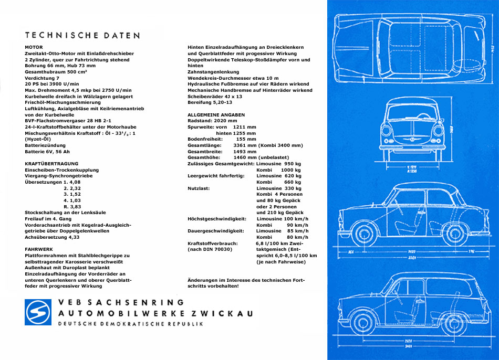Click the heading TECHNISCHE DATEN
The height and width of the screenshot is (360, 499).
pyautogui.click(x=82, y=36)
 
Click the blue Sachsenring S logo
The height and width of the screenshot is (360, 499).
pyautogui.click(x=38, y=312)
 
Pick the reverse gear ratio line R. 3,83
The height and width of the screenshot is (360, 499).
pyautogui.click(x=72, y=206)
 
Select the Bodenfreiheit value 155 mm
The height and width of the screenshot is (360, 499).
pyautogui.click(x=246, y=139)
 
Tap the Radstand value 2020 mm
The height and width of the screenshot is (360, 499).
pyautogui.click(x=226, y=121)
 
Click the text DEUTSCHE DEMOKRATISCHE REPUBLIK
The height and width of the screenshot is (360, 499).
pyautogui.click(x=130, y=324)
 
